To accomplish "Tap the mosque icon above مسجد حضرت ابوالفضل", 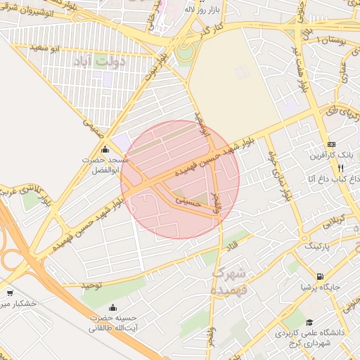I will [105, 149].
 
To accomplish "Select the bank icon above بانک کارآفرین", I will [331, 143].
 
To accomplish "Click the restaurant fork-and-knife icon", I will [341, 169].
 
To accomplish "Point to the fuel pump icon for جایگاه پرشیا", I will [321, 276].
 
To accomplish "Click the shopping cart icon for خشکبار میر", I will [10, 293].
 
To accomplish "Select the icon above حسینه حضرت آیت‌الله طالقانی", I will [114, 307].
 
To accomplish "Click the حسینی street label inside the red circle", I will [187, 200].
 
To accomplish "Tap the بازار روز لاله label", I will [199, 10].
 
